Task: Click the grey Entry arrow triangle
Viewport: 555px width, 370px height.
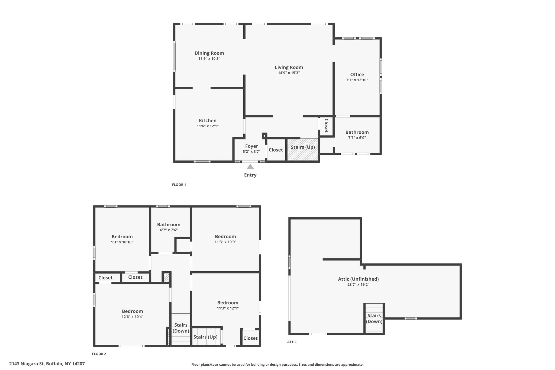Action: pyautogui.click(x=250, y=167)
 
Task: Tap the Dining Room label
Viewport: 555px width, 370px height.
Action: pyautogui.click(x=209, y=53)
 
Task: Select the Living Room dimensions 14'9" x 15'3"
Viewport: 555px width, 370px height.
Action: pyautogui.click(x=289, y=73)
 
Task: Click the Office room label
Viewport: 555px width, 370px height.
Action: pyautogui.click(x=357, y=75)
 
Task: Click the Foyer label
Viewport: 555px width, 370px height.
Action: pyautogui.click(x=251, y=146)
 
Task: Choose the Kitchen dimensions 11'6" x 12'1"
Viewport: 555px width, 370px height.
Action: pyautogui.click(x=208, y=126)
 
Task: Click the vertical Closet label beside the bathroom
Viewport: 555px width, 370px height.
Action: pyautogui.click(x=326, y=126)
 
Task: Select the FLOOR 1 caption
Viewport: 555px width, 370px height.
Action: pyautogui.click(x=179, y=185)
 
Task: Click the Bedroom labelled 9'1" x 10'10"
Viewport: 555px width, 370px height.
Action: pyautogui.click(x=122, y=239)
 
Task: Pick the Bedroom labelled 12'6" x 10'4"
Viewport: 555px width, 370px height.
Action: pyautogui.click(x=132, y=314)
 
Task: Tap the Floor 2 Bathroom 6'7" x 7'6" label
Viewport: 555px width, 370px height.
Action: pyautogui.click(x=169, y=227)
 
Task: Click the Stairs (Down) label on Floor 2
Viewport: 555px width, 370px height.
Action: pyautogui.click(x=181, y=328)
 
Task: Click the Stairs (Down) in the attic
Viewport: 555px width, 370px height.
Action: pyautogui.click(x=374, y=318)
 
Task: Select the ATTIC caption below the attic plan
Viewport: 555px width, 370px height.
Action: pyautogui.click(x=292, y=342)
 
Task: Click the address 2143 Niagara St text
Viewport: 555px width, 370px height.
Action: pyautogui.click(x=47, y=364)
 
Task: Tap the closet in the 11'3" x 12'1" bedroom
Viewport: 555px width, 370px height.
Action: pyautogui.click(x=250, y=338)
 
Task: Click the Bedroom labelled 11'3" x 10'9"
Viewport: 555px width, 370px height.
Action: pyautogui.click(x=225, y=239)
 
